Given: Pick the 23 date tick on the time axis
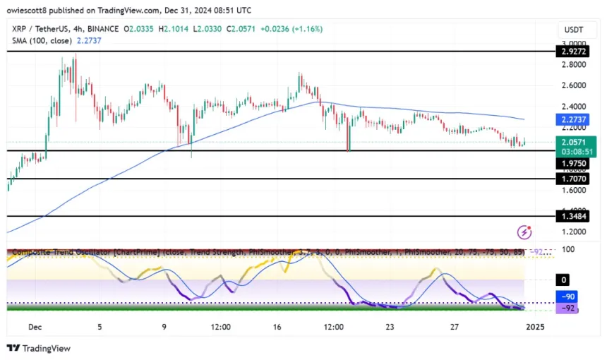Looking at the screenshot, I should pos(389,327).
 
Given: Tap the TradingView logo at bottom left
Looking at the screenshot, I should pos(39,348).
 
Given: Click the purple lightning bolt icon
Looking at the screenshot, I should pos(524,232).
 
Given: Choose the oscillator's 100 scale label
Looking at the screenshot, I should pos(568,250).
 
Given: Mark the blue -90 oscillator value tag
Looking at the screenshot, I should pos(568,297).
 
